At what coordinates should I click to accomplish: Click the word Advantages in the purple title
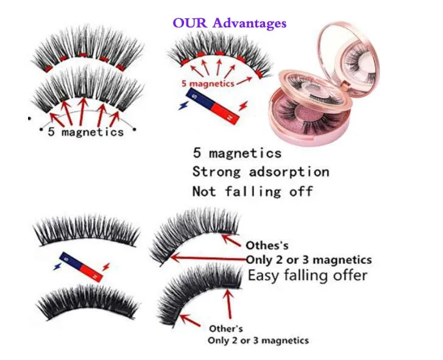249,23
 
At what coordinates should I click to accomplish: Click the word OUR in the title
190,23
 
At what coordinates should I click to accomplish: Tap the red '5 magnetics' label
208,83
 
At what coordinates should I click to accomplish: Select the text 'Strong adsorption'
260,172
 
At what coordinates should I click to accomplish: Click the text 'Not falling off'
253,191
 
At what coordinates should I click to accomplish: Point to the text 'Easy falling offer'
307,275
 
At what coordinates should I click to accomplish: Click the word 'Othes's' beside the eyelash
267,245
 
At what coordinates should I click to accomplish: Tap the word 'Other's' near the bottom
225,329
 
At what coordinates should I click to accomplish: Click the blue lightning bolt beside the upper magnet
183,105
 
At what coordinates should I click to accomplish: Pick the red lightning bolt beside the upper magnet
243,106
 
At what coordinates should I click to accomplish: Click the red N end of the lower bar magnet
92,274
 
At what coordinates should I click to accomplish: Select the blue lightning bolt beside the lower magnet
57,266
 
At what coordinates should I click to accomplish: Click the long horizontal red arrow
208,258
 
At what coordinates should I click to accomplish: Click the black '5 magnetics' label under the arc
86,132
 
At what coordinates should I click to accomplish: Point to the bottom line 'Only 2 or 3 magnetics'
258,341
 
